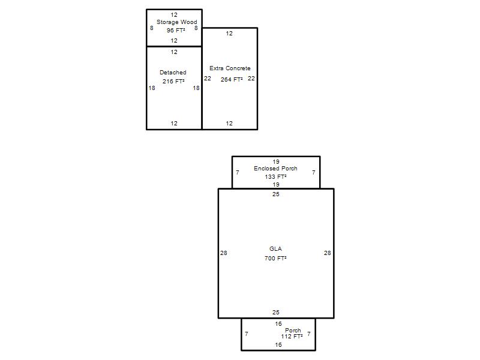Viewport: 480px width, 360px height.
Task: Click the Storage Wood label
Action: (x=176, y=22)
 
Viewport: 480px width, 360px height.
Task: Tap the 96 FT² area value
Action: (x=176, y=31)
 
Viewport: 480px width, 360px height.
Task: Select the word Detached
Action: (x=173, y=72)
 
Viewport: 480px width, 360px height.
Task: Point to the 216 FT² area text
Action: (x=173, y=81)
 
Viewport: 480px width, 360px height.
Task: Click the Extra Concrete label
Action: (x=230, y=68)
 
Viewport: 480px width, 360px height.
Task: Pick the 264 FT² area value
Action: (x=232, y=79)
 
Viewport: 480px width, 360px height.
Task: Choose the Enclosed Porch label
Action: (x=275, y=169)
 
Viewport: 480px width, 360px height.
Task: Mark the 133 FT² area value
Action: (x=275, y=176)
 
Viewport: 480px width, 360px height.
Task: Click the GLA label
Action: (x=275, y=248)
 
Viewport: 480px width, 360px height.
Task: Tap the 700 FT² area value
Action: (x=275, y=258)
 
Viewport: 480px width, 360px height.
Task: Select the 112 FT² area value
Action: (x=292, y=336)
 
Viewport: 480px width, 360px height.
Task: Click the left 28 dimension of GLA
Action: (x=223, y=253)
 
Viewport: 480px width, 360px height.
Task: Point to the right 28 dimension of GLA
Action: (x=327, y=253)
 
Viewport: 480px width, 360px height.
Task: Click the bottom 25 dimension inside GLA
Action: (x=276, y=312)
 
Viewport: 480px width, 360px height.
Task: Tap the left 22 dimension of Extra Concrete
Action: (x=208, y=79)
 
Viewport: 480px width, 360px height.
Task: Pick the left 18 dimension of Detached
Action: (x=152, y=88)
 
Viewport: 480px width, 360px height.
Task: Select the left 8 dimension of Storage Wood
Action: (x=152, y=28)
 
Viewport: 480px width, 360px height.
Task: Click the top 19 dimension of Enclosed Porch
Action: (x=276, y=161)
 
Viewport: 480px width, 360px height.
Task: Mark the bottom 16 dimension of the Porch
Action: (x=278, y=344)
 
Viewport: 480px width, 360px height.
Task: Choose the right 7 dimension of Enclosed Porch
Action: (x=313, y=173)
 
